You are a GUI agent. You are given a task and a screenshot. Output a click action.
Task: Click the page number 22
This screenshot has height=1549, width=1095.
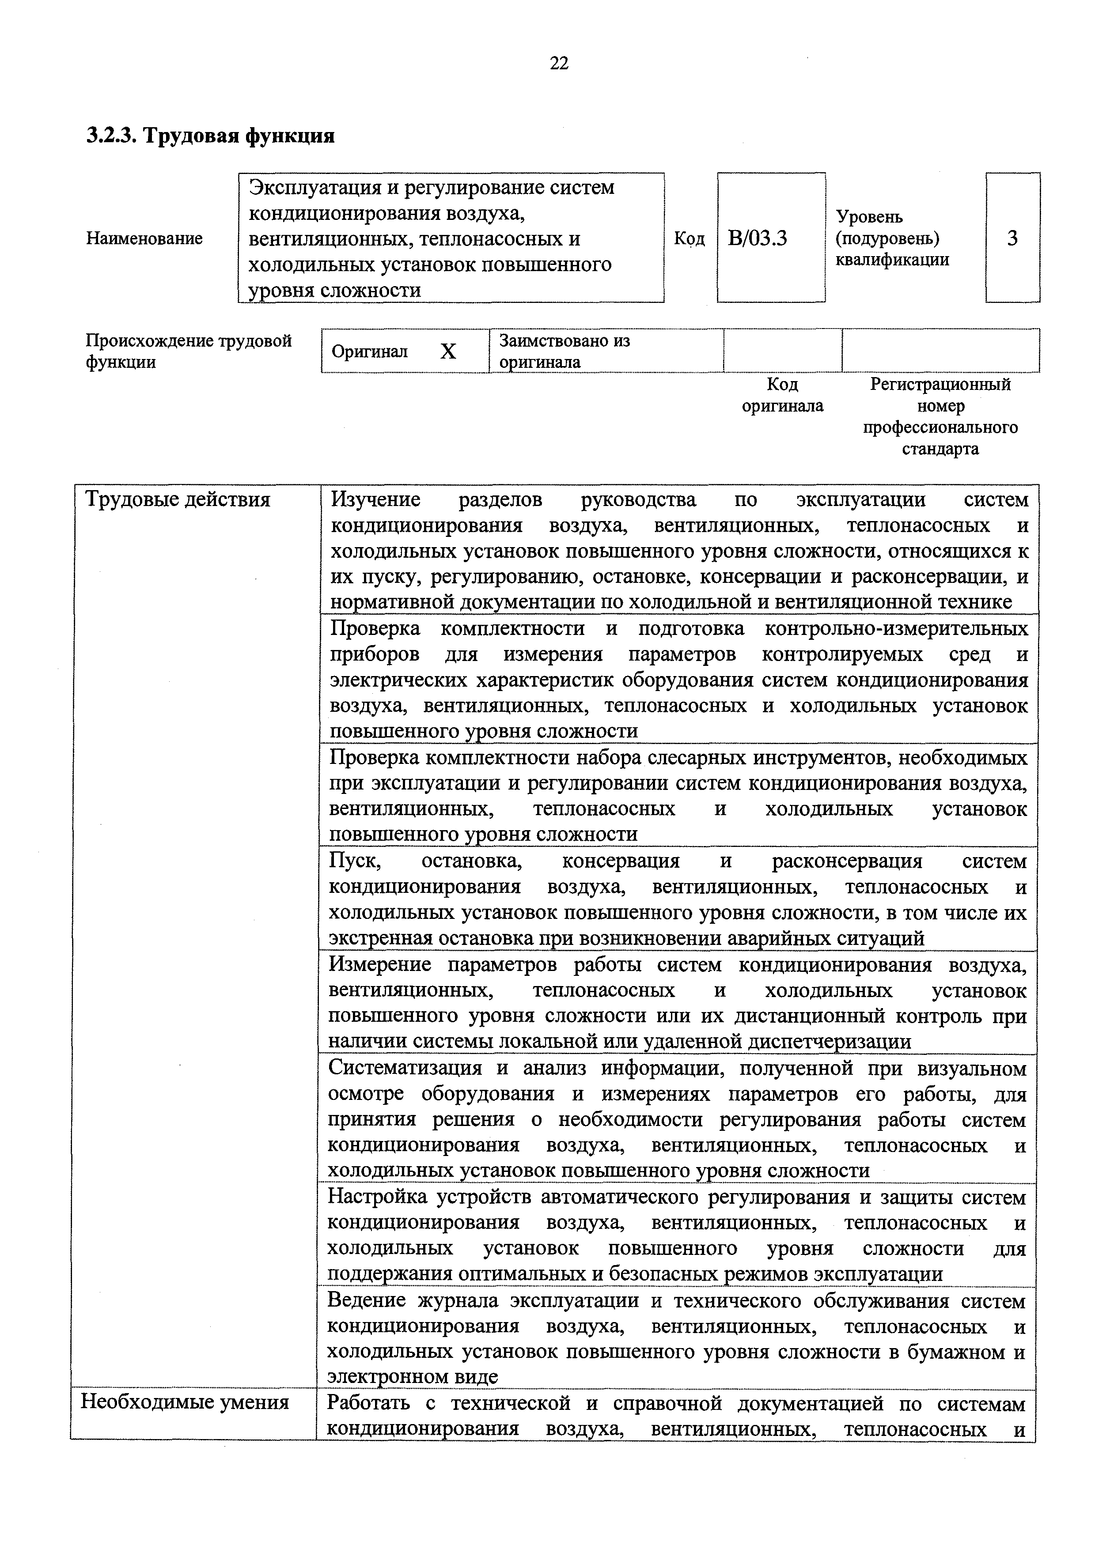tap(559, 64)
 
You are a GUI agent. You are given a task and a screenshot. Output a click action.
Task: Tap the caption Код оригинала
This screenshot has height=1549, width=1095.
tap(783, 395)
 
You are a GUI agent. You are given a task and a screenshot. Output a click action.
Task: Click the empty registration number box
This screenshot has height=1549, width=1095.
tap(940, 351)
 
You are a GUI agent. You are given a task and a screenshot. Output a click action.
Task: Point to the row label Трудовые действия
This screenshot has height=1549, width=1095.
tap(178, 500)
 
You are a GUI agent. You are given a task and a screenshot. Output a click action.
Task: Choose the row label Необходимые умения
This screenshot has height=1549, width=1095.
tap(185, 1402)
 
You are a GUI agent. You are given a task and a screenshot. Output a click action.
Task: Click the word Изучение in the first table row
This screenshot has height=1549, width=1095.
tap(376, 500)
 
